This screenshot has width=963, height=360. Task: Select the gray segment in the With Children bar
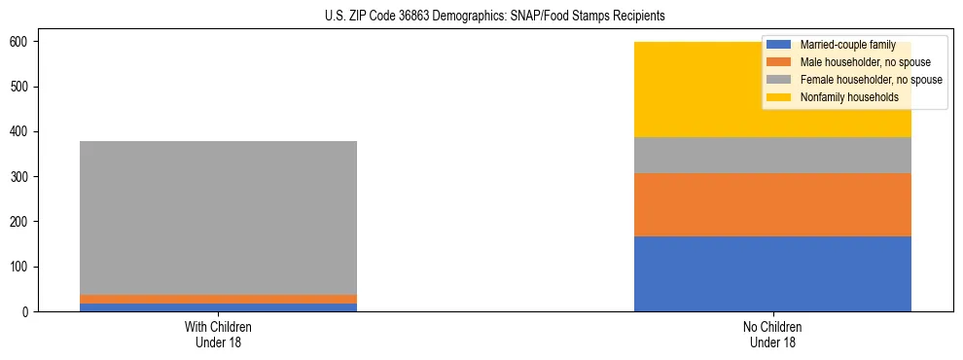218,218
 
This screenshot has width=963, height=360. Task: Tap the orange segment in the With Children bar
218,299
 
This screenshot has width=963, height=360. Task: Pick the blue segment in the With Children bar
218,307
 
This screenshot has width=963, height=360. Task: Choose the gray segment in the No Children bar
772,156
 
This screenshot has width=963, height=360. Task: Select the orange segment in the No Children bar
772,204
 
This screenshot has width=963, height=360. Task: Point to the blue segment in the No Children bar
772,273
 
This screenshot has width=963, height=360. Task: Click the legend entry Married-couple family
846,45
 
